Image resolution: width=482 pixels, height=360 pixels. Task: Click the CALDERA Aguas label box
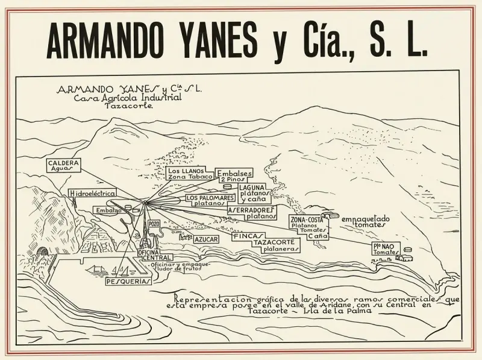pyautogui.click(x=64, y=166)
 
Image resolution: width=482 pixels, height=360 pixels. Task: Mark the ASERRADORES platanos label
pyautogui.click(x=252, y=212)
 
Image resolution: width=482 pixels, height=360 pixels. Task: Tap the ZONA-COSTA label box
pyautogui.click(x=308, y=227)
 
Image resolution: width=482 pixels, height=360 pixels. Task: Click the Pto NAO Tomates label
pyautogui.click(x=386, y=249)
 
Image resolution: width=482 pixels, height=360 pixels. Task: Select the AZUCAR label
pyautogui.click(x=206, y=239)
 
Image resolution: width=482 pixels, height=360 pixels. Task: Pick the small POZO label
pyautogui.click(x=153, y=224)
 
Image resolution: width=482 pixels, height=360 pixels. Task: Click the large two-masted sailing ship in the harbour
pyautogui.click(x=97, y=268)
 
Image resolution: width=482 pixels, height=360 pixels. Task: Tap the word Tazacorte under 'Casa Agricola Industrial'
pyautogui.click(x=129, y=105)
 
